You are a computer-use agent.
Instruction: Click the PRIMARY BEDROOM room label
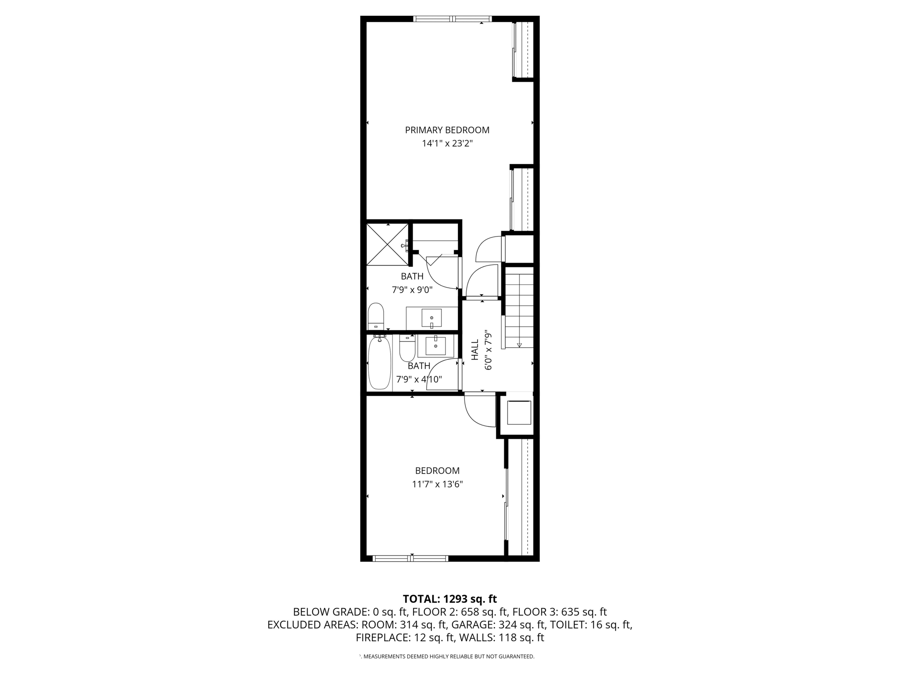coord(447,130)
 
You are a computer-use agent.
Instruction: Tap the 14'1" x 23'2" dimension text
coord(447,143)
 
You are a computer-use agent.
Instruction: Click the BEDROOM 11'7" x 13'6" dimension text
coord(437,484)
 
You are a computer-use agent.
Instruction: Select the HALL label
coord(475,350)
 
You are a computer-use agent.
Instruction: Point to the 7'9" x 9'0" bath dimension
coord(412,290)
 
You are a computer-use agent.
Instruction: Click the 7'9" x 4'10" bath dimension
coord(419,379)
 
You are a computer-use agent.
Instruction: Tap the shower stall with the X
coord(387,244)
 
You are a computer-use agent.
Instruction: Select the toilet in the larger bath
coord(376,316)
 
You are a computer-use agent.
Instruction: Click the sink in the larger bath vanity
coord(432,318)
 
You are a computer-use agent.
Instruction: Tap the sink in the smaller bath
coord(435,346)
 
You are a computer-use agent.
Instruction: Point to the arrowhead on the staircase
coord(519,345)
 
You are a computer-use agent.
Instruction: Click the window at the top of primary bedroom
coord(452,19)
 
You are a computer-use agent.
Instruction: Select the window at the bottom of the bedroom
coord(410,559)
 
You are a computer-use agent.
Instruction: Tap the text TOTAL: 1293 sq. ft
coord(450,599)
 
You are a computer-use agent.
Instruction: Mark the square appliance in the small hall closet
coord(519,412)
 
